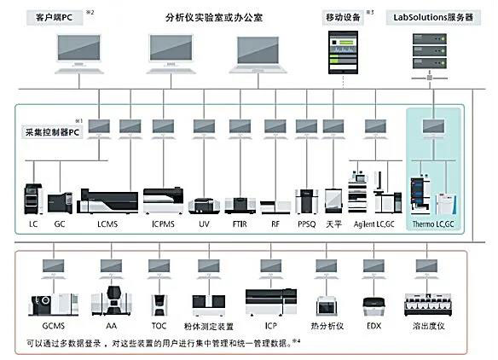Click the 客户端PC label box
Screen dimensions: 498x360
tap(55, 17)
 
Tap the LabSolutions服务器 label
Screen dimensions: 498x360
tap(433, 17)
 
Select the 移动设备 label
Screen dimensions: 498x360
tap(343, 17)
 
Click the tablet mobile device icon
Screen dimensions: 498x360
tap(343, 52)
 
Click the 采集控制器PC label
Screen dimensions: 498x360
tap(52, 132)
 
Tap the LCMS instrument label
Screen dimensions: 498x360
tap(107, 224)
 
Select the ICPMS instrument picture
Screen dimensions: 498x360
tap(163, 200)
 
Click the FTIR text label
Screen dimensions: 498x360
tap(240, 224)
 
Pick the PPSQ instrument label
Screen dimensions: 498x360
tap(306, 224)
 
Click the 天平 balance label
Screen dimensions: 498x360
tap(333, 224)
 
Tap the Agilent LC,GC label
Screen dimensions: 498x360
tap(374, 224)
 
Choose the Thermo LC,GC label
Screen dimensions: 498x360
tap(433, 224)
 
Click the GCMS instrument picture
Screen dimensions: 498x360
tap(54, 305)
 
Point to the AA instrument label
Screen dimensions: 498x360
tap(111, 326)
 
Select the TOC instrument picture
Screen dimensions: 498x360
tap(159, 305)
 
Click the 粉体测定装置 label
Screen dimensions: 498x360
tap(209, 326)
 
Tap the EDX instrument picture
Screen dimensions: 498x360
tap(373, 306)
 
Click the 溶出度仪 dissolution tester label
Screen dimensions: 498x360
tap(428, 326)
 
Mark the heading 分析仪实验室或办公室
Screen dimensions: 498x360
tap(214, 17)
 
